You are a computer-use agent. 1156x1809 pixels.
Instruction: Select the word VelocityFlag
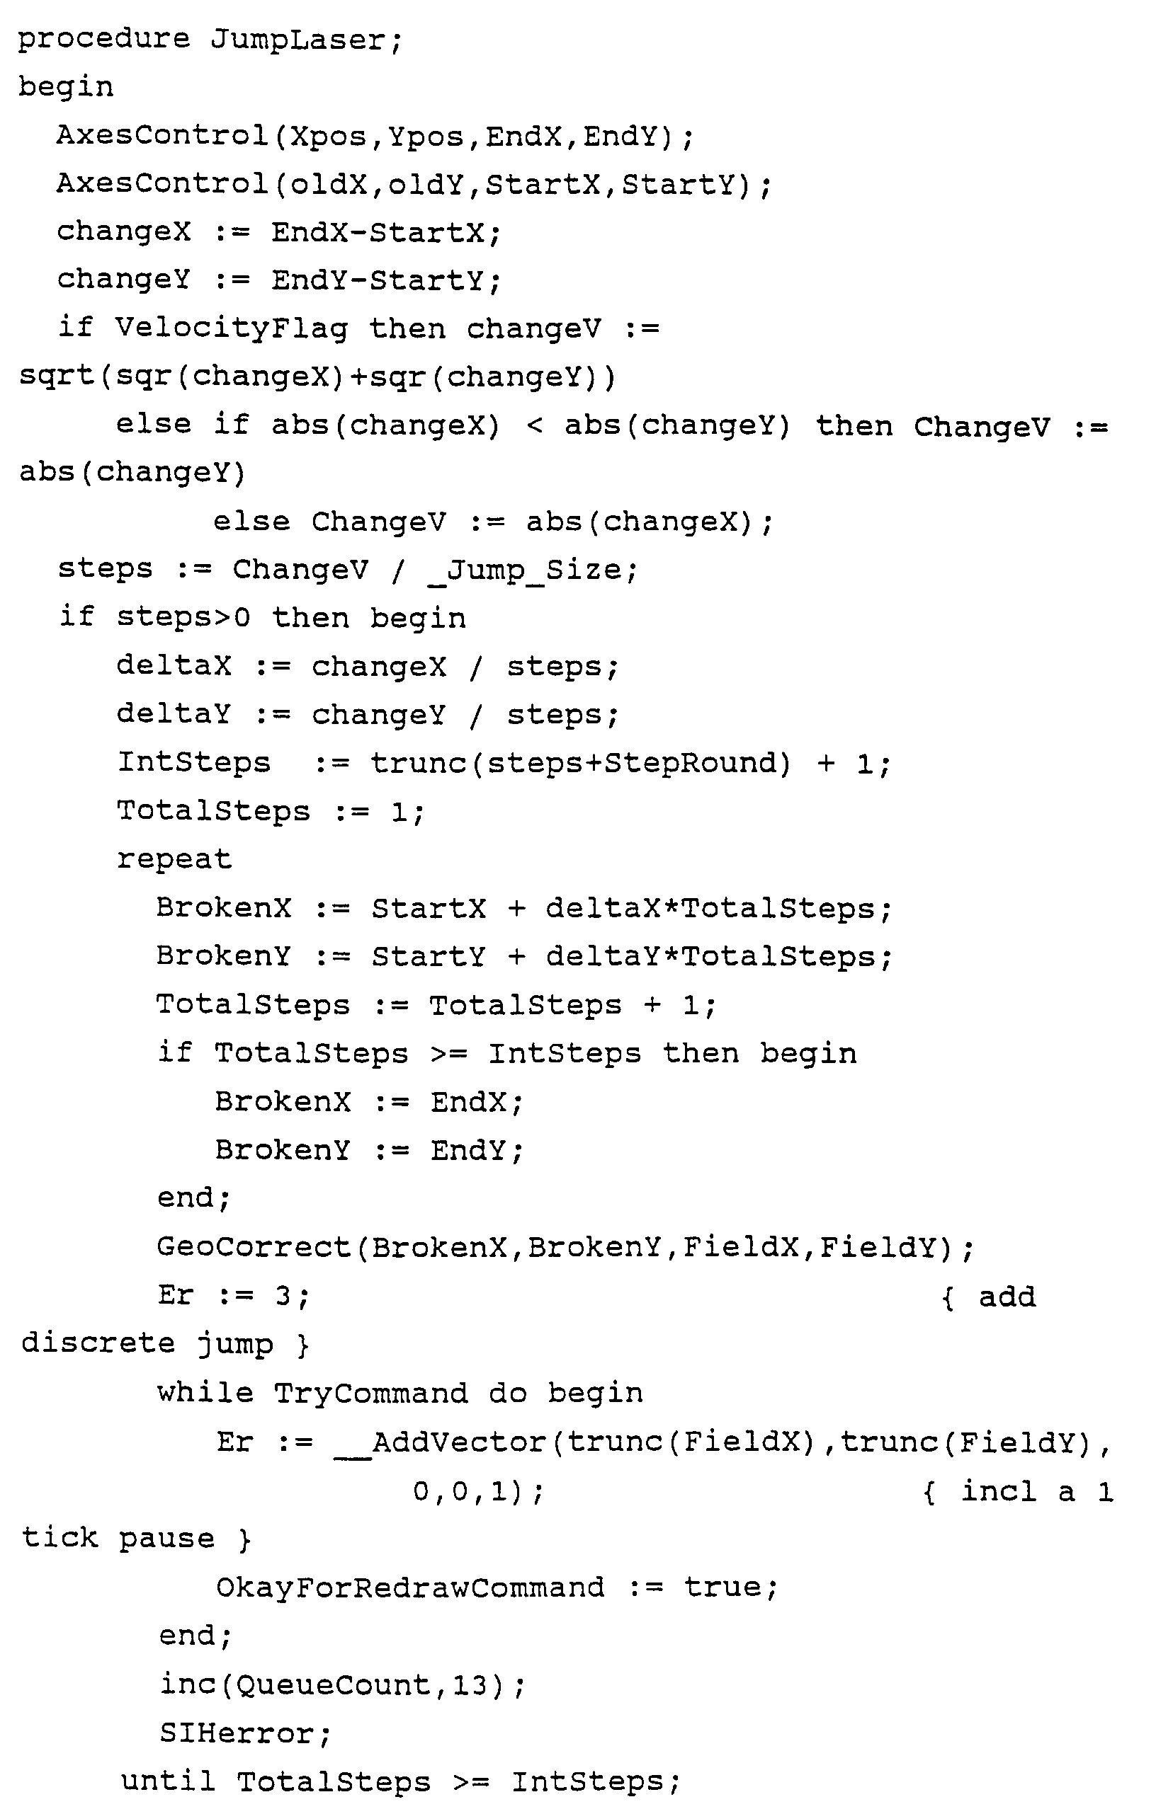coord(232,328)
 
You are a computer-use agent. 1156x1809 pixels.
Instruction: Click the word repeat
coord(174,859)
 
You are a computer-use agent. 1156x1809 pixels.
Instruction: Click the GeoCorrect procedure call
coord(254,1247)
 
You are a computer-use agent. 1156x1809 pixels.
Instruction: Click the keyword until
coord(168,1781)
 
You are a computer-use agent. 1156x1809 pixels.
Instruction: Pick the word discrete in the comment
coord(98,1343)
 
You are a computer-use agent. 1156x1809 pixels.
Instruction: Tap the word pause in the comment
coord(166,1539)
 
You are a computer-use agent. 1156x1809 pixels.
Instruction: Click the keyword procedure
coord(103,39)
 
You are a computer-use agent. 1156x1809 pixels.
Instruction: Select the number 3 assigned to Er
coord(283,1295)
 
